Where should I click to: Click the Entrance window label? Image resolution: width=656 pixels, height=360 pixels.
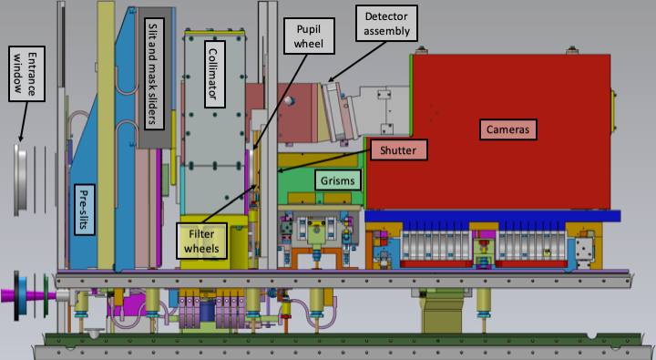pos(26,74)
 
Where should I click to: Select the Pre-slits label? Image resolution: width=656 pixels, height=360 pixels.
pos(84,210)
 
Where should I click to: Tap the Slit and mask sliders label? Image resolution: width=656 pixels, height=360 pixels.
pos(154,73)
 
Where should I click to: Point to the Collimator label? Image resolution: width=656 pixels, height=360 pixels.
pos(215,74)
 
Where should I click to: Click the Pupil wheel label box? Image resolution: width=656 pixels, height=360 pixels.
pos(309,36)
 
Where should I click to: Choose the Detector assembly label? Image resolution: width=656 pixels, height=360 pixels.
pos(386,24)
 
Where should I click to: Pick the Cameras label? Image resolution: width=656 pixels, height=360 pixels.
pos(507,129)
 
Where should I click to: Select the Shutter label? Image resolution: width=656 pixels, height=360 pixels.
pos(398,149)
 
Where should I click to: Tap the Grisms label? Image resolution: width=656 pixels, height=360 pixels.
pos(338,180)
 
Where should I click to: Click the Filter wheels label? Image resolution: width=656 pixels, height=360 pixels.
pos(201,241)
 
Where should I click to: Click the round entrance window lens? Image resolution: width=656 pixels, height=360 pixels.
pos(20,180)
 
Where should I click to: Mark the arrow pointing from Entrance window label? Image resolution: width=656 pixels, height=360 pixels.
pos(24,121)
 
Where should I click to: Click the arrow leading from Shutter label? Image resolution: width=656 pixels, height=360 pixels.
pos(324,160)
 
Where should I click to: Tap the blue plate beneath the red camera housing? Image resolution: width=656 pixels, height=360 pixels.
pos(492,216)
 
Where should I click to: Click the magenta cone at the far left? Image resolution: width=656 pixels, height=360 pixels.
pos(28,295)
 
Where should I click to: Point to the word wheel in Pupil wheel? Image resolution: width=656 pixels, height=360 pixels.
pos(309,44)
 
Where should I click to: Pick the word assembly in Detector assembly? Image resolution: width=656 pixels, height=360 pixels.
pos(386,31)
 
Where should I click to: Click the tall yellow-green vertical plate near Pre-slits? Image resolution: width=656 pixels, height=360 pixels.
pos(106,135)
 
